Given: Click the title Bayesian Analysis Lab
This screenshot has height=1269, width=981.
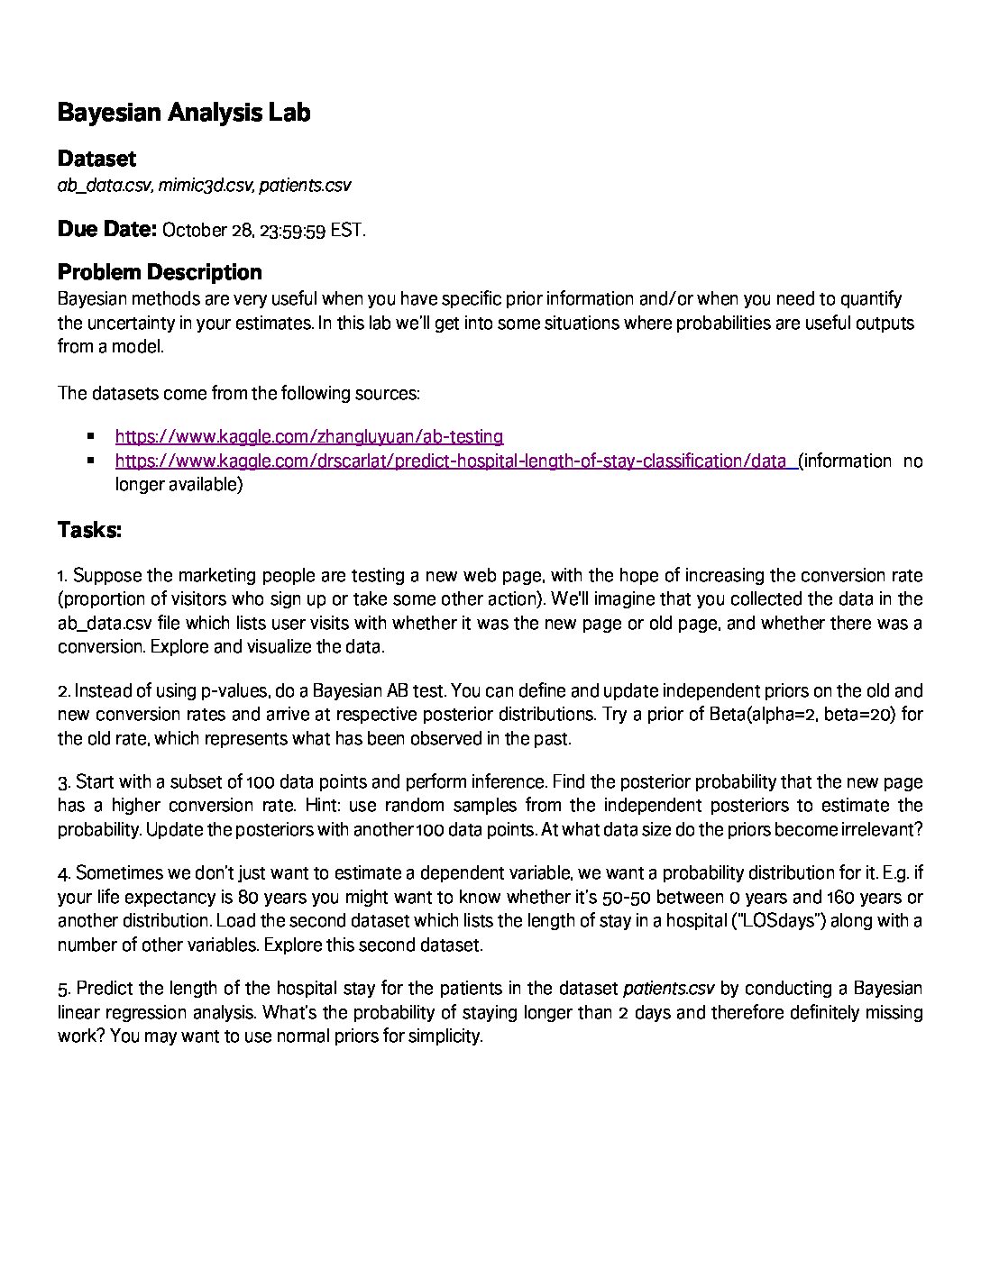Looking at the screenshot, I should pyautogui.click(x=184, y=113).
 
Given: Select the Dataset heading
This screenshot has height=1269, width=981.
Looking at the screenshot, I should pyautogui.click(x=96, y=159).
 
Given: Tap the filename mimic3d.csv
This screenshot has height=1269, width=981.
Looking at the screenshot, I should pyautogui.click(x=206, y=186).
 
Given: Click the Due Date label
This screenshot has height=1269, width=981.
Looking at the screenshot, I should pyautogui.click(x=107, y=229).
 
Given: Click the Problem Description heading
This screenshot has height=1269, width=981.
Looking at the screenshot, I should pyautogui.click(x=160, y=272).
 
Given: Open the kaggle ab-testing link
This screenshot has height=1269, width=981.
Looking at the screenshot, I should pyautogui.click(x=309, y=437).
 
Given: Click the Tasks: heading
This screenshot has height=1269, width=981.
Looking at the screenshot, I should pyautogui.click(x=89, y=530).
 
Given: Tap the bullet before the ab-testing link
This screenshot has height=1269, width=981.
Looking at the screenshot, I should pyautogui.click(x=91, y=436).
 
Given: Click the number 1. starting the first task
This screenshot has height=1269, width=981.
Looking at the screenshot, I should pyautogui.click(x=62, y=576).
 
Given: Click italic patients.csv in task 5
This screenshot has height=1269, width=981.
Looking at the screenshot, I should pyautogui.click(x=668, y=989).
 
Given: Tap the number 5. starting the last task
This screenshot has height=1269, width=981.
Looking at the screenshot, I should pyautogui.click(x=63, y=989).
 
